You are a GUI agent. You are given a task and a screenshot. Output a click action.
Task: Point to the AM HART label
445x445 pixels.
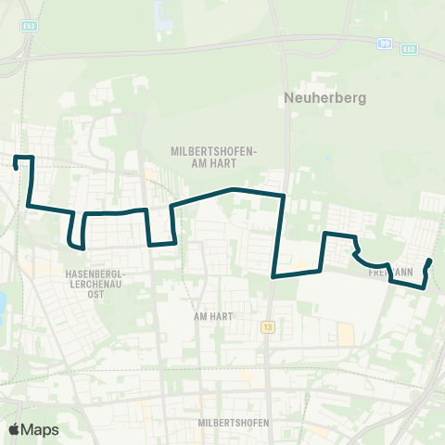point(211,315)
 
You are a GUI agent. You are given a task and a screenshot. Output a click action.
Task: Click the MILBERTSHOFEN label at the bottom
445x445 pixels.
point(233,423)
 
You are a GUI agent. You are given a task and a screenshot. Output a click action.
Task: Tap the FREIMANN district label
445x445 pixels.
point(390,273)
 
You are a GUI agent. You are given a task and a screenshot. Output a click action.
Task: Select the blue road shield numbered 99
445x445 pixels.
point(383,43)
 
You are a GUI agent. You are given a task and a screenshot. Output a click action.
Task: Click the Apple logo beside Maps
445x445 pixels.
point(15,429)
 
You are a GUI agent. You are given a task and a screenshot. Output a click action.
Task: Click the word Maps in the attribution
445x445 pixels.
point(40,429)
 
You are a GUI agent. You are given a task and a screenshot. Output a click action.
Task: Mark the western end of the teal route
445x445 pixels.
point(17,168)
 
